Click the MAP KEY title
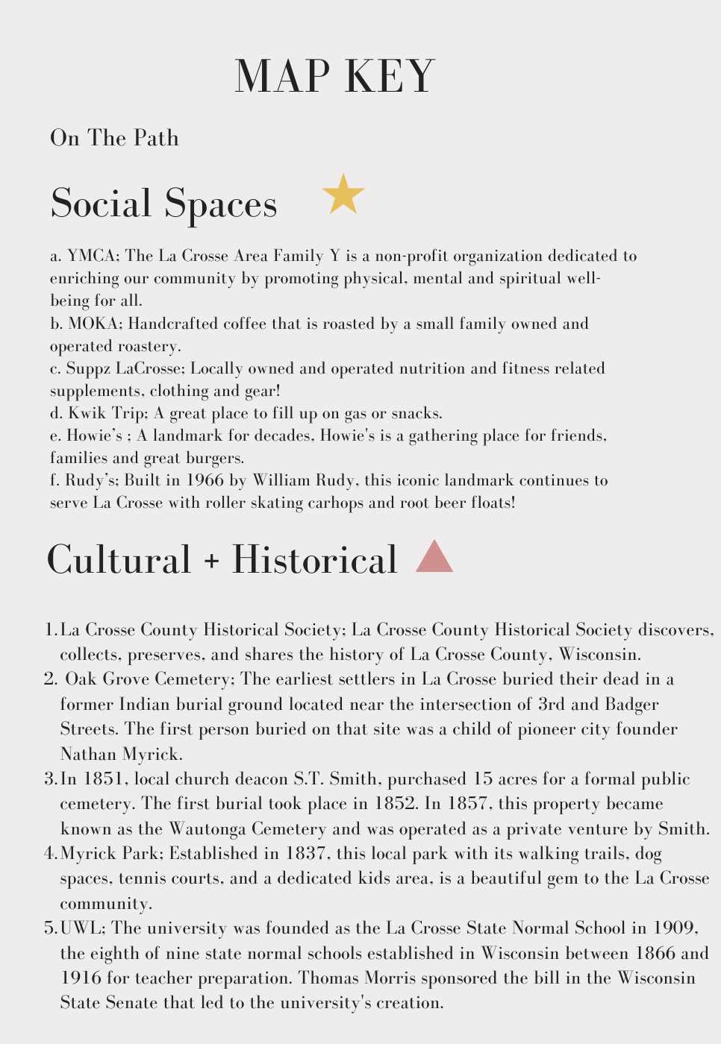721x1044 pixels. pyautogui.click(x=334, y=76)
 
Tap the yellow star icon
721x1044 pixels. pyautogui.click(x=343, y=195)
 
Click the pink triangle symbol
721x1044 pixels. pyautogui.click(x=434, y=558)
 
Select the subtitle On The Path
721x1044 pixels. pyautogui.click(x=114, y=138)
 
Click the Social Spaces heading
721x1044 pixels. pyautogui.click(x=163, y=203)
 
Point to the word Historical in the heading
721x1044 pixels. pyautogui.click(x=314, y=559)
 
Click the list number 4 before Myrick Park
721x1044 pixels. pyautogui.click(x=50, y=854)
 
